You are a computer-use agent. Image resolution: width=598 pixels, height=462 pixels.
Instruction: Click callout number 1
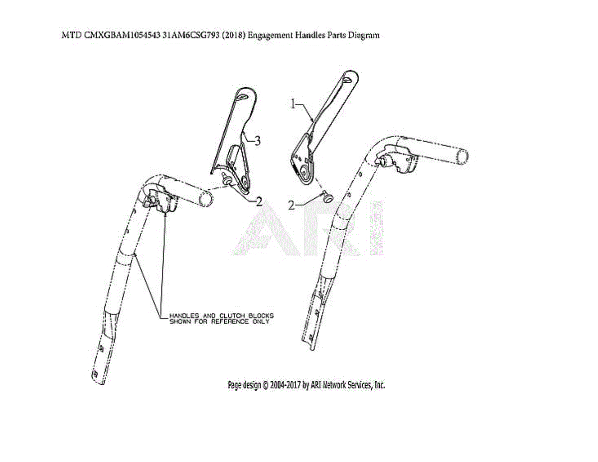[294, 104]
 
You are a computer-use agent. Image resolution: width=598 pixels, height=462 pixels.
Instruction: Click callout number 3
[257, 141]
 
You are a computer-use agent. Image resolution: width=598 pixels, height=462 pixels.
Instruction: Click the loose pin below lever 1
[326, 197]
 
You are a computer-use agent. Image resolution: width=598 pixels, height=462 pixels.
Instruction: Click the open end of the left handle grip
[204, 199]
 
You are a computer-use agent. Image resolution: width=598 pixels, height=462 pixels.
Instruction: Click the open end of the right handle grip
[462, 156]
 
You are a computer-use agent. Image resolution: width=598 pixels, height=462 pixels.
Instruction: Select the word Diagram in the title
[366, 35]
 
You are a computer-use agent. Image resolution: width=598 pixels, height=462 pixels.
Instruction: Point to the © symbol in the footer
[266, 385]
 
